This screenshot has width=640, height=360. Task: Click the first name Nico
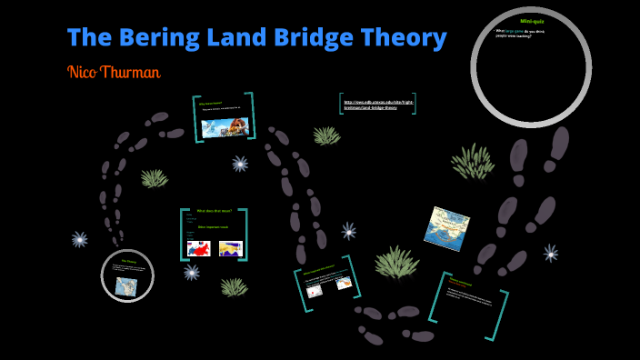pyautogui.click(x=85, y=72)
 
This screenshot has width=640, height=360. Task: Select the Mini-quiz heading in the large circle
pyautogui.click(x=531, y=20)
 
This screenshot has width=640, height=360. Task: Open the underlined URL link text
pyautogui.click(x=378, y=105)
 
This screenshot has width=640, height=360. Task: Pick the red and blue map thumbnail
pyautogui.click(x=198, y=247)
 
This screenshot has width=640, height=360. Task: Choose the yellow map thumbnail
pyautogui.click(x=231, y=247)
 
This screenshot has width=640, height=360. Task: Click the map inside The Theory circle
pyautogui.click(x=125, y=286)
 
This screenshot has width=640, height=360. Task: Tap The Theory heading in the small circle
pyautogui.click(x=128, y=262)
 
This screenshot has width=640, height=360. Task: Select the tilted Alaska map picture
pyautogui.click(x=446, y=227)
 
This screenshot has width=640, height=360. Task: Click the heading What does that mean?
pyautogui.click(x=215, y=211)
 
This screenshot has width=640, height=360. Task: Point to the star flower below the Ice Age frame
pyautogui.click(x=240, y=164)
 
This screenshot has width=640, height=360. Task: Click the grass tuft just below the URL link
pyautogui.click(x=326, y=135)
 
